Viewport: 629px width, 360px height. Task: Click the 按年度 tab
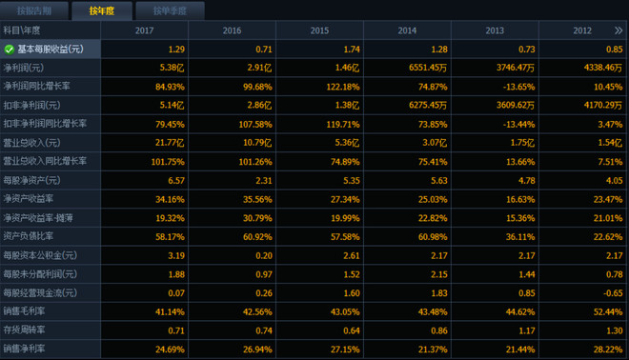[x=102, y=10]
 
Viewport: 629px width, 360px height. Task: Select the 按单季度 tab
[x=170, y=10]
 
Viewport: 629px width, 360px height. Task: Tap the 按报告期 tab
[x=34, y=10]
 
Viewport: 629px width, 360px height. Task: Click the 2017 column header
[x=145, y=30]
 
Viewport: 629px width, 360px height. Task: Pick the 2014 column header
[x=407, y=30]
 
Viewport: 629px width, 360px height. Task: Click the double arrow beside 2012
[x=619, y=30]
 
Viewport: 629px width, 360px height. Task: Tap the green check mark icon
[x=10, y=50]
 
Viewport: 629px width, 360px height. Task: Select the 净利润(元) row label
[x=24, y=68]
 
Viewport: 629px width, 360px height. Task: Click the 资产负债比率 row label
[x=28, y=236]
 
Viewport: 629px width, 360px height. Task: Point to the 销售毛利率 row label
[x=24, y=311]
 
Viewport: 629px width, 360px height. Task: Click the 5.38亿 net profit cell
[x=172, y=68]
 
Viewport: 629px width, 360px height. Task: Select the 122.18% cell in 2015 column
[x=343, y=87]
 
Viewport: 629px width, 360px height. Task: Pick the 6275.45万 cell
[x=428, y=106]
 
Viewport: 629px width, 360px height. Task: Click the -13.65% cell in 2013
[x=519, y=87]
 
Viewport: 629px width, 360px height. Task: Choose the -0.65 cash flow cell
[x=613, y=293]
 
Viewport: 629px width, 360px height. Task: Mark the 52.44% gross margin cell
[x=608, y=311]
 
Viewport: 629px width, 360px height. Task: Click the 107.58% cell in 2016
[x=255, y=124]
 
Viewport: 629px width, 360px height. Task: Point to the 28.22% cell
[x=608, y=350]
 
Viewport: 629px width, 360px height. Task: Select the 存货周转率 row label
[x=24, y=330]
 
